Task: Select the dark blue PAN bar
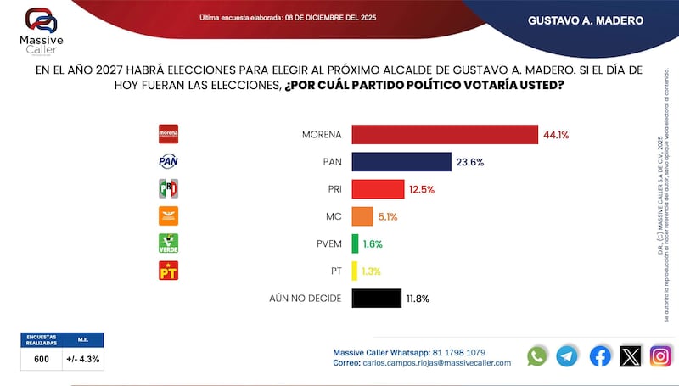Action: (401, 162)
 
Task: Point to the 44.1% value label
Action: (558, 135)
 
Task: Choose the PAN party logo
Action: (169, 161)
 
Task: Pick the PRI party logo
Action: (169, 188)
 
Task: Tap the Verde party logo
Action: (169, 243)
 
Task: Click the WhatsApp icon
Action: (537, 355)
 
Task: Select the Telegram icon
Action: (567, 355)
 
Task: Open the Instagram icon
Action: (661, 355)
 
